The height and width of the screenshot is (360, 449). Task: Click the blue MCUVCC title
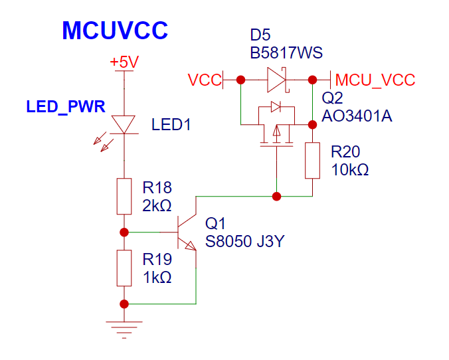point(115,31)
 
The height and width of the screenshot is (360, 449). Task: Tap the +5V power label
point(124,62)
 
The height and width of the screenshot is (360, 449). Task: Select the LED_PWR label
point(66,107)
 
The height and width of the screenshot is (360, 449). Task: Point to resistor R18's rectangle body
point(124,196)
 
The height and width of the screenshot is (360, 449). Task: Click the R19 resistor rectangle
point(124,268)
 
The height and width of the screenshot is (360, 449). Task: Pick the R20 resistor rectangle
point(312,160)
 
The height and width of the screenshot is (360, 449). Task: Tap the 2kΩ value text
point(157,206)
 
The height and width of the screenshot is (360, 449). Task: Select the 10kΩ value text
point(349,170)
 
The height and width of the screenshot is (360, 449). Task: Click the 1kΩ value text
point(157,278)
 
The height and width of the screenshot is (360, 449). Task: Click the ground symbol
point(124,330)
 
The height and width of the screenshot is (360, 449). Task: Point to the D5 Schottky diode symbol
point(277,80)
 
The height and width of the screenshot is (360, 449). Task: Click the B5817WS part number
point(286,52)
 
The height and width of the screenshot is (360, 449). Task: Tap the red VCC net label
point(205,80)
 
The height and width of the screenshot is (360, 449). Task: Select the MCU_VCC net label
point(375,80)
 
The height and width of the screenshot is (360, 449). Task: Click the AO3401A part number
point(357,116)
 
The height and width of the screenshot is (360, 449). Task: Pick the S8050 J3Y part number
point(245,241)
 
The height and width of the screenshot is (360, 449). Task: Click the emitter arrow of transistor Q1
point(191,246)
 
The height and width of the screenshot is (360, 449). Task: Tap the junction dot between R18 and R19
point(124,232)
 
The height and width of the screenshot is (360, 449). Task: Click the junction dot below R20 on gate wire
point(276,197)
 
